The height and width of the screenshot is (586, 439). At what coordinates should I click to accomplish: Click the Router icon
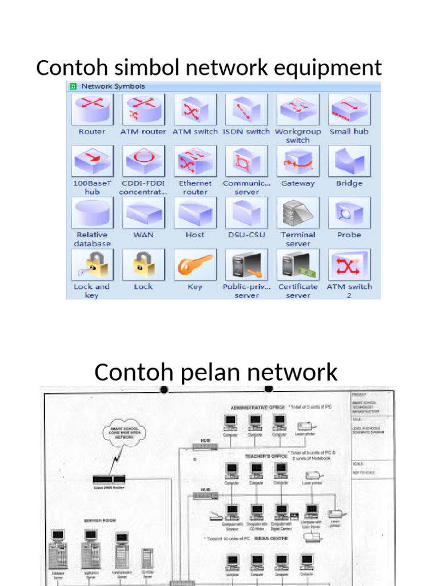pyautogui.click(x=92, y=109)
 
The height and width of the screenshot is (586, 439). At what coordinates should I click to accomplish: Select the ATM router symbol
pyautogui.click(x=143, y=109)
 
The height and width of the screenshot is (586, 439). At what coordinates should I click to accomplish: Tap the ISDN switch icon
pyautogui.click(x=246, y=109)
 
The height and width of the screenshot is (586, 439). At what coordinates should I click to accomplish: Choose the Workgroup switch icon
pyautogui.click(x=298, y=109)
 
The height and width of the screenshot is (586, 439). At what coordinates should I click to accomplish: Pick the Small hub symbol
pyautogui.click(x=349, y=109)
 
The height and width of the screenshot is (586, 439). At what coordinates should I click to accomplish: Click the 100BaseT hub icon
pyautogui.click(x=92, y=161)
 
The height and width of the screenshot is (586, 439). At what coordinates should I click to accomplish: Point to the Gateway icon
pyautogui.click(x=298, y=161)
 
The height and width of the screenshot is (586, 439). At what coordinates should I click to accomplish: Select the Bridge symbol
pyautogui.click(x=349, y=161)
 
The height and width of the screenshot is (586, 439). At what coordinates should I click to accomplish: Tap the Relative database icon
pyautogui.click(x=92, y=212)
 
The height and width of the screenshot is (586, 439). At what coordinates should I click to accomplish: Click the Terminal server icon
pyautogui.click(x=298, y=212)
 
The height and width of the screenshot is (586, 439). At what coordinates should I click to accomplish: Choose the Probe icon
pyautogui.click(x=349, y=212)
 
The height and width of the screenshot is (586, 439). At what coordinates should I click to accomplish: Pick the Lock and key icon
pyautogui.click(x=92, y=264)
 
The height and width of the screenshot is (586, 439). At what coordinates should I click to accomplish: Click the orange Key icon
pyautogui.click(x=195, y=264)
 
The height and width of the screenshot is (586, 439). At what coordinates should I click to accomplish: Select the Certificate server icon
pyautogui.click(x=298, y=264)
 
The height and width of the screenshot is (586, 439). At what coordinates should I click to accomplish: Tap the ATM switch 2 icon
pyautogui.click(x=349, y=264)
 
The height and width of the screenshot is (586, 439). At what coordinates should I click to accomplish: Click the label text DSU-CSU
pyautogui.click(x=246, y=235)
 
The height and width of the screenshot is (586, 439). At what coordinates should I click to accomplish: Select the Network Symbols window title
pyautogui.click(x=113, y=86)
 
